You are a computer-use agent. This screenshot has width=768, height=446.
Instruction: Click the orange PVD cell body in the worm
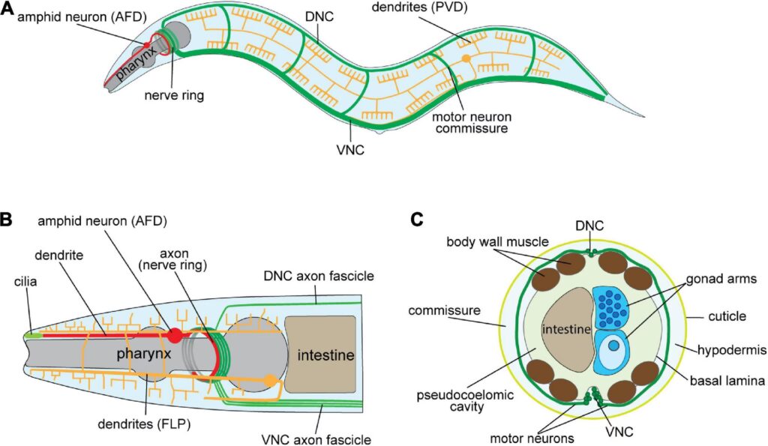coord(466,58)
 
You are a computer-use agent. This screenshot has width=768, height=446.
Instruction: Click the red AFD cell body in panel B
coord(174,334)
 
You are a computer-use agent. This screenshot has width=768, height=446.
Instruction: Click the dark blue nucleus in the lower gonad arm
coord(614,346)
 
